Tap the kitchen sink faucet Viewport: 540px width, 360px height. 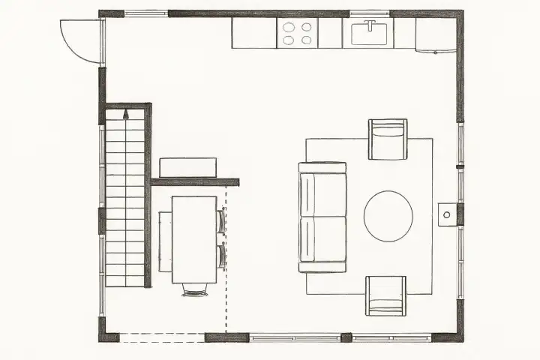click(370, 25)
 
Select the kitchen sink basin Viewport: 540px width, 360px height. click(370, 34)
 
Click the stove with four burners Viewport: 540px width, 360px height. click(297, 33)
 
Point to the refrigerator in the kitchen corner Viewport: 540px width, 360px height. click(436, 35)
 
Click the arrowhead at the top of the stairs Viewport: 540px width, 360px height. click(126, 115)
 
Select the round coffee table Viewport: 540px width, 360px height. click(388, 216)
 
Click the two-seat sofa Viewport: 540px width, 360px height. click(322, 217)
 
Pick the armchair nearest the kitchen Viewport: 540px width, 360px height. click(388, 139)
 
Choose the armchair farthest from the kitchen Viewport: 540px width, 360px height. click(385, 295)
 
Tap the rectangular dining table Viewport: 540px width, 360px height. click(194, 239)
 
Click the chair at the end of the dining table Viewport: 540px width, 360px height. click(195, 290)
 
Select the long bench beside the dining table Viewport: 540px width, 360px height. click(165, 241)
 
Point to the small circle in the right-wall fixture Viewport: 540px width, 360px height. click(446, 214)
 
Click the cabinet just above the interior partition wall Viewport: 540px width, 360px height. click(188, 167)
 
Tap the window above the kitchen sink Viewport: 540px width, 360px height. click(370, 13)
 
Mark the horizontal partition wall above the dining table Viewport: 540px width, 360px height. click(195, 181)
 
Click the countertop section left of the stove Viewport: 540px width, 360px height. click(253, 33)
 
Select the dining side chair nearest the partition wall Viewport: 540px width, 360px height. click(221, 221)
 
